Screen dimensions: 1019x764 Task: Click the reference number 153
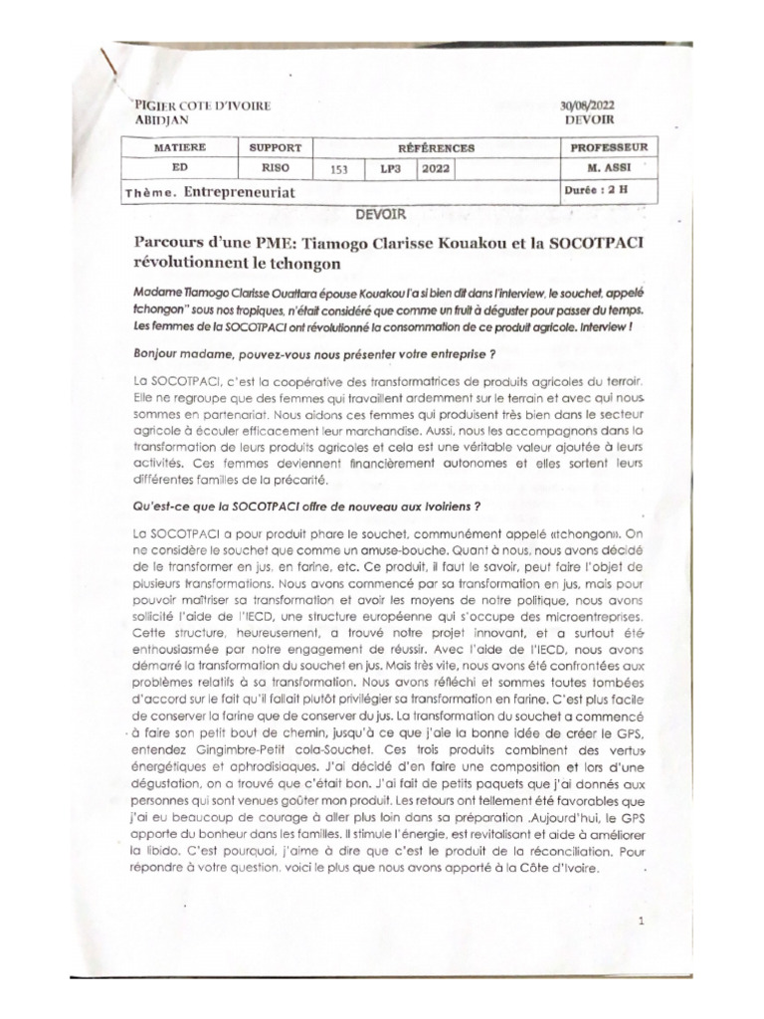[x=338, y=169]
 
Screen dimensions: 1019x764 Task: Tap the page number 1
[x=643, y=920]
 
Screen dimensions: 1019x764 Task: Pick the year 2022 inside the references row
[x=436, y=168]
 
